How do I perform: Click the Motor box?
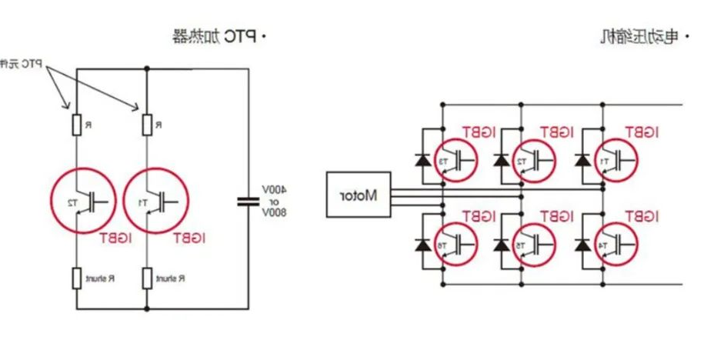(x=358, y=195)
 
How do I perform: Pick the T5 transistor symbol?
(x=533, y=245)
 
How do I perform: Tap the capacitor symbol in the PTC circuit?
(x=249, y=202)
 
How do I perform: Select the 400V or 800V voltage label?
(x=275, y=201)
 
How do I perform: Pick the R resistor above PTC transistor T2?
(x=76, y=124)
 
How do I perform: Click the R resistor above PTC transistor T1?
(x=146, y=124)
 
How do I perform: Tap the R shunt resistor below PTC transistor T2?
(x=76, y=276)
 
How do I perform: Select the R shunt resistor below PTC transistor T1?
(x=146, y=276)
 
